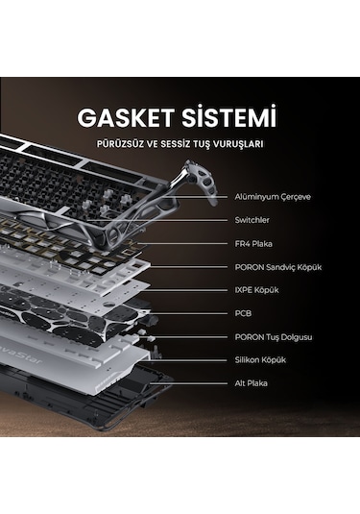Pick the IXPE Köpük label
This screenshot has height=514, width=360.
click(x=258, y=289)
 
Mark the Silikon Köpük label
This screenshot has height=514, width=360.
click(x=260, y=359)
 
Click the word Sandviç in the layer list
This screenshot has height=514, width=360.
click(x=279, y=266)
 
